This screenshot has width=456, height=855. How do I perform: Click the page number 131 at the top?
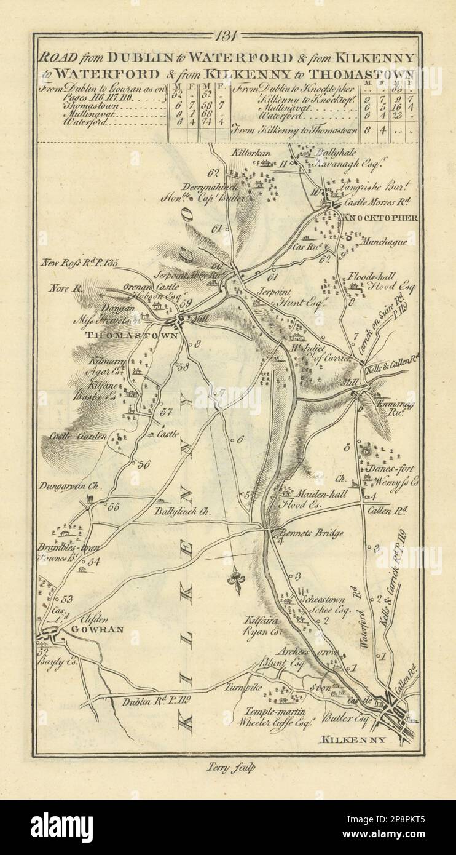(228, 36)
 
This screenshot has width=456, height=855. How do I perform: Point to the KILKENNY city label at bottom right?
(354, 740)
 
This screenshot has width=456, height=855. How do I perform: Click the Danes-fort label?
(391, 469)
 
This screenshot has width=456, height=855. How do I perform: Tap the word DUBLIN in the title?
(140, 57)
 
